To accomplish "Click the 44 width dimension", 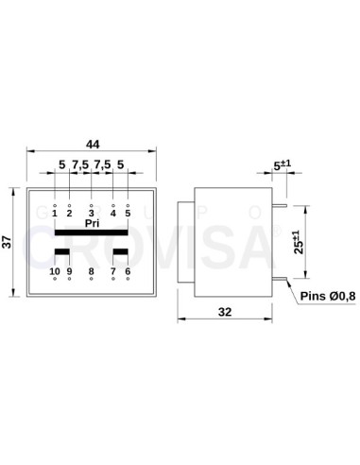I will (x=92, y=144).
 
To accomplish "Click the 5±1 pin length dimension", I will (x=280, y=165).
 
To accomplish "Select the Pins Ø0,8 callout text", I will (x=326, y=297).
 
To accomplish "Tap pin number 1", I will (x=55, y=213).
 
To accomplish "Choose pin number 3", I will (x=92, y=213).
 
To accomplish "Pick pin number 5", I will (x=128, y=213).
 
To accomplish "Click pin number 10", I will (x=54, y=272).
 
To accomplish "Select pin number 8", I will (x=92, y=272).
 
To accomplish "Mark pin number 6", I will (x=128, y=272).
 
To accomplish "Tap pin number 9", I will (x=69, y=272).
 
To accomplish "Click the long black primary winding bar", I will (x=92, y=232).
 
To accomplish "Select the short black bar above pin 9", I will (x=61, y=252).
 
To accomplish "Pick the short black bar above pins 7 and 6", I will (x=121, y=252).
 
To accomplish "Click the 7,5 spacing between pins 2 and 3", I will (x=79, y=164).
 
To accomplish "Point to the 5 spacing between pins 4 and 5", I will (x=121, y=164).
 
